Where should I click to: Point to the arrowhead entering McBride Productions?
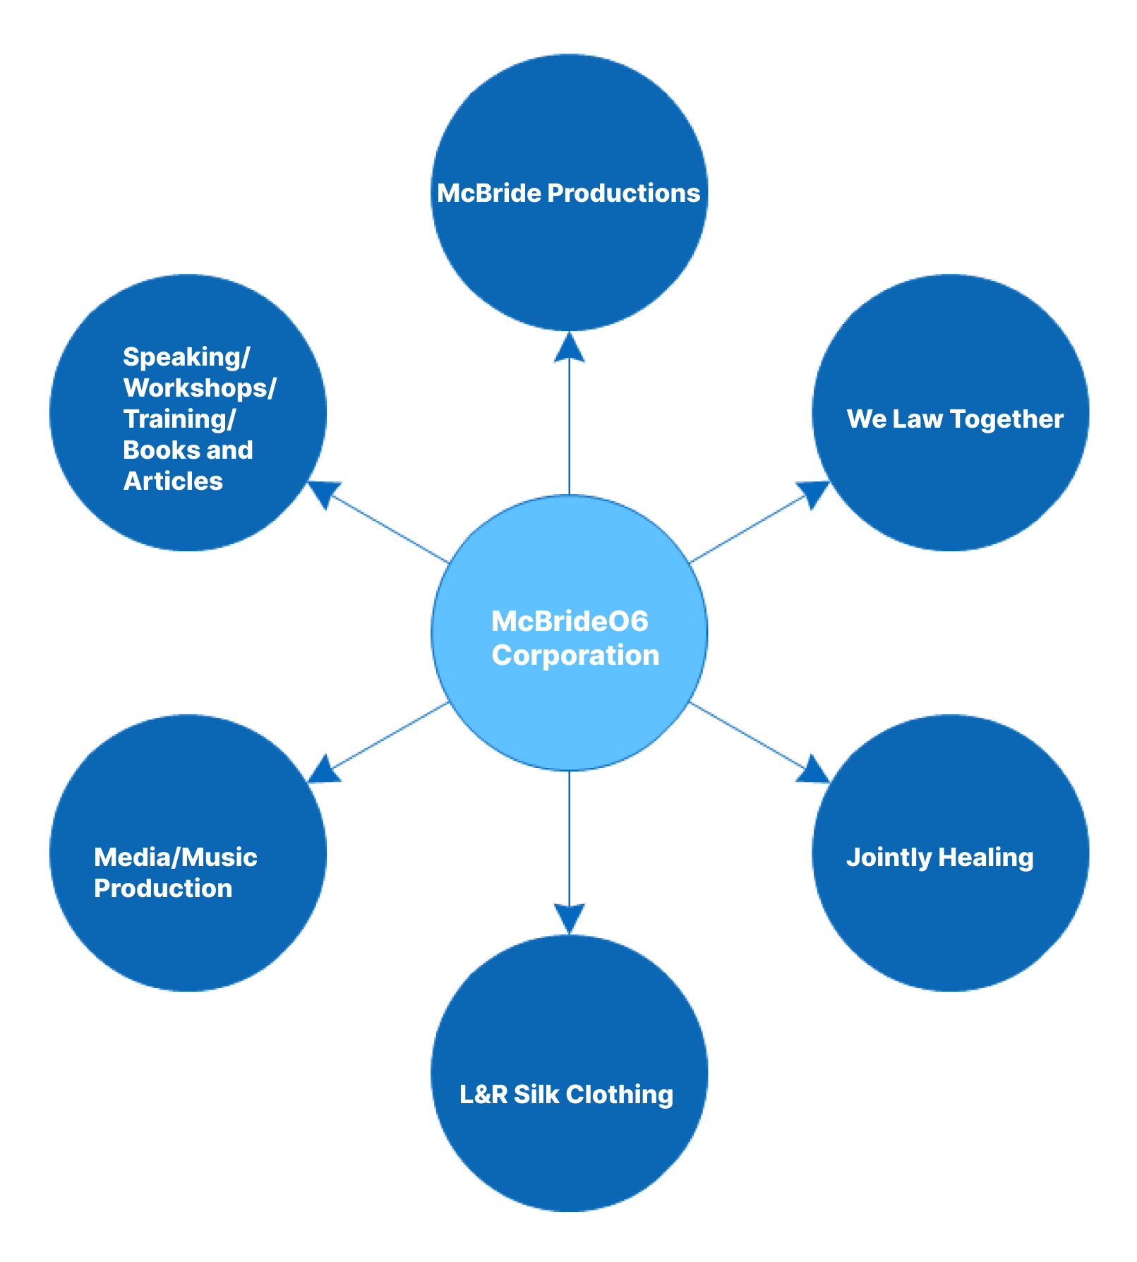569,347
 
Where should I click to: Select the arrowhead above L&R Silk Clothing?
569,918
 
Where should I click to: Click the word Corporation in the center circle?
575,655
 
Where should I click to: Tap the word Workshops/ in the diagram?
200,387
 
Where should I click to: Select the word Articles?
173,481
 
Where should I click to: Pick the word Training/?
179,419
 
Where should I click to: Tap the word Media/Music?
175,857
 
